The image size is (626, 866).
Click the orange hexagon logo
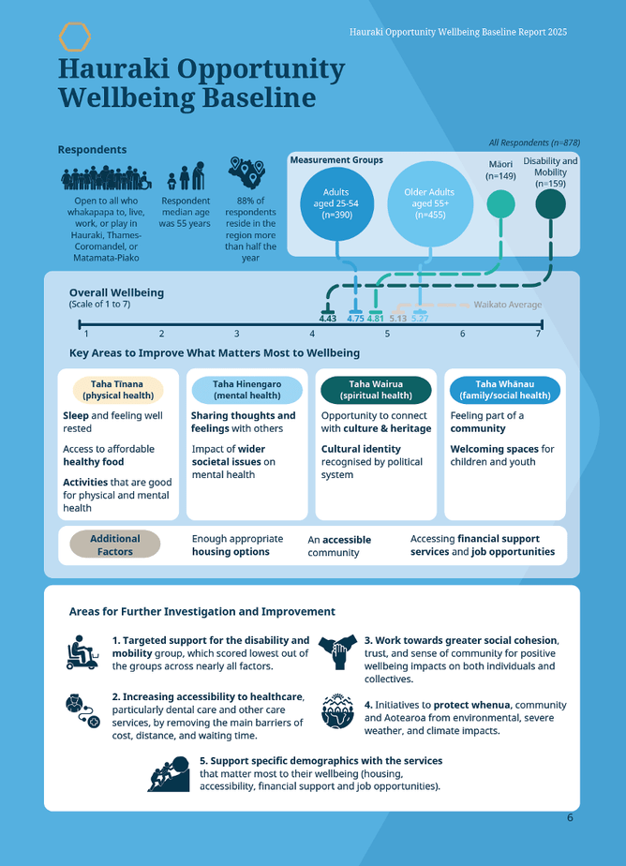click(75, 37)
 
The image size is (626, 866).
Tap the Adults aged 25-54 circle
click(335, 202)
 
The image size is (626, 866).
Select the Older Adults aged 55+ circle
click(429, 202)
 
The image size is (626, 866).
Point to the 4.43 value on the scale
click(327, 319)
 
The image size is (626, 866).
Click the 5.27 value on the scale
click(420, 319)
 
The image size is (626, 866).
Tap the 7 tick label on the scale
click(538, 334)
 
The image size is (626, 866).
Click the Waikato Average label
click(507, 305)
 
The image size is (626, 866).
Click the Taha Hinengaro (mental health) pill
click(246, 390)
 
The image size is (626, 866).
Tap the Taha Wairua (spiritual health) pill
click(376, 390)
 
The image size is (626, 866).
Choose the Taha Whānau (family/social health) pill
click(505, 390)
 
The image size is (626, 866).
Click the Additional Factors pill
click(115, 545)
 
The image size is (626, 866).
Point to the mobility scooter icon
click(83, 651)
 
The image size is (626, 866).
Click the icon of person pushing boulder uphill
click(170, 773)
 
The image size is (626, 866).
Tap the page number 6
click(570, 817)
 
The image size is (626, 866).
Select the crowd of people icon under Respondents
click(106, 179)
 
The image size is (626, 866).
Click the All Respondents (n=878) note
click(534, 142)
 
